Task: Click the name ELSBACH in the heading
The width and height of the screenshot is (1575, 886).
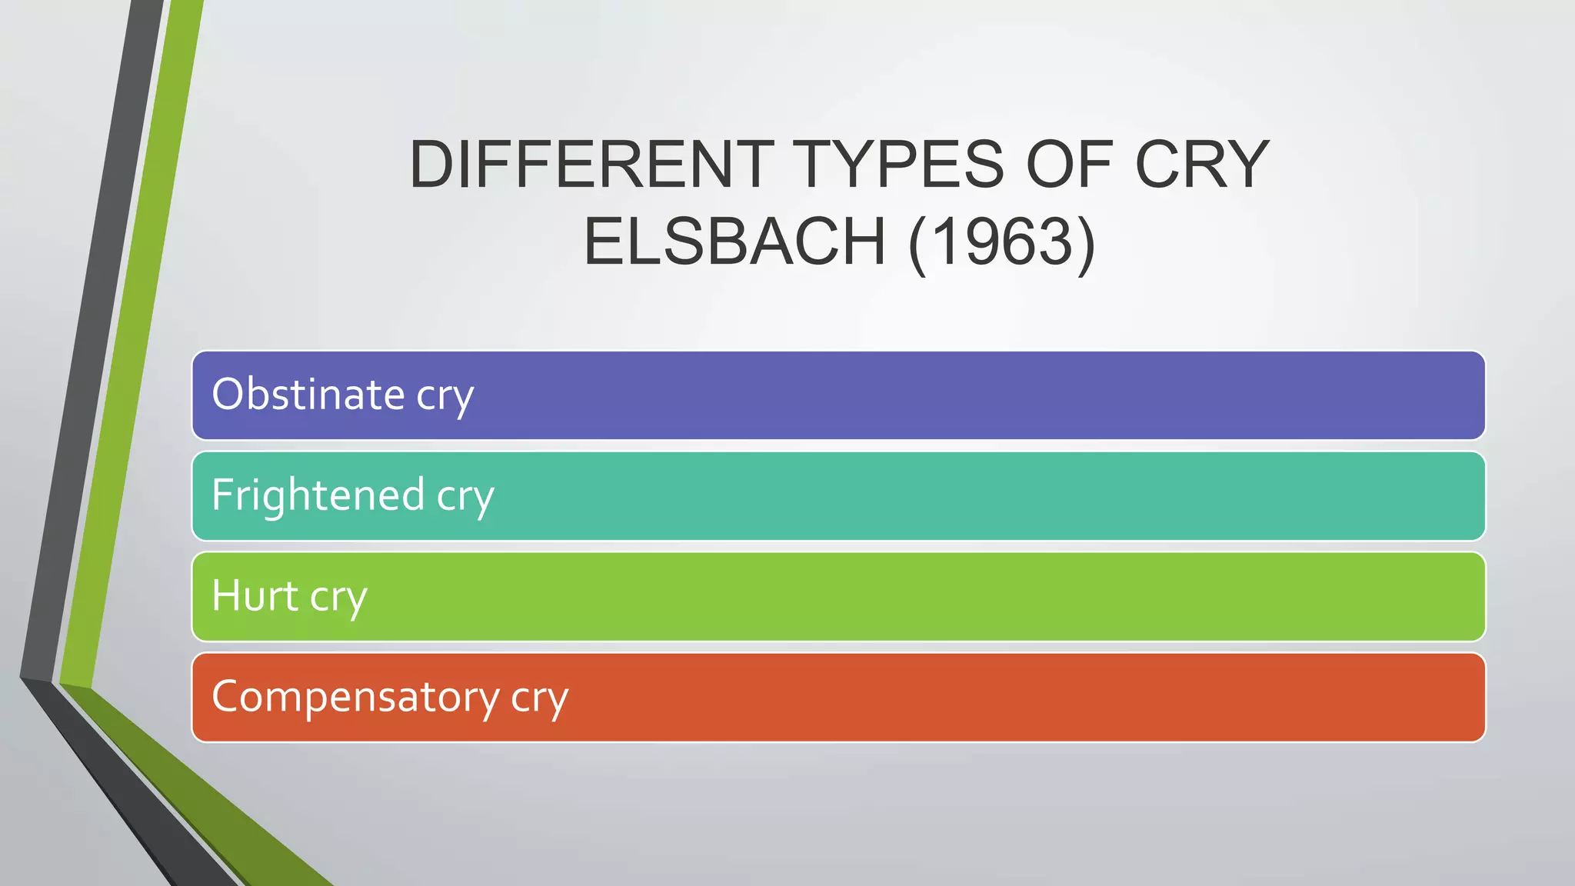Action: click(x=734, y=241)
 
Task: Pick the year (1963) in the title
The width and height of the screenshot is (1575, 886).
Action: click(x=1001, y=241)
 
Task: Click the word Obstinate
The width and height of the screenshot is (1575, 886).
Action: click(x=308, y=395)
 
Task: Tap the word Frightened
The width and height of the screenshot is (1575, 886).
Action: click(x=318, y=495)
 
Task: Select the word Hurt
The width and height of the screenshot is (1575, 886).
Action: click(x=255, y=595)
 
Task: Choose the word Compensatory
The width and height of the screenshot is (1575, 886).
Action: click(x=355, y=697)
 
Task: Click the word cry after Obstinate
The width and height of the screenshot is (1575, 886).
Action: click(x=445, y=397)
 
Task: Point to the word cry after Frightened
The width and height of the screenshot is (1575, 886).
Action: click(x=465, y=497)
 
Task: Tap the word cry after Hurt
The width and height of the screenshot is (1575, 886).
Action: click(x=338, y=598)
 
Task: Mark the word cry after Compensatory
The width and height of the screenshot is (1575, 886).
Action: click(x=539, y=699)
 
